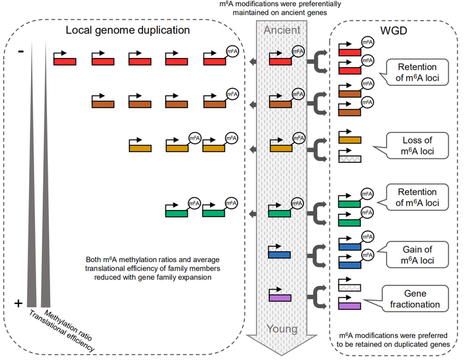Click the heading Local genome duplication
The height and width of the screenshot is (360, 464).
[x=128, y=30]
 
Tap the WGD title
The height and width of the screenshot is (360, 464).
[x=394, y=30]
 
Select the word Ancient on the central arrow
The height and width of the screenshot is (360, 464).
[x=282, y=30]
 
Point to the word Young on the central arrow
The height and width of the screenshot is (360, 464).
[x=282, y=328]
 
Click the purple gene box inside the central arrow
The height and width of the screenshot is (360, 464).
[x=280, y=298]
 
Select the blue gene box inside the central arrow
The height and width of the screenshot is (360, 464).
[x=279, y=254]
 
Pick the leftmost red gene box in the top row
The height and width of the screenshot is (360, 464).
[x=65, y=61]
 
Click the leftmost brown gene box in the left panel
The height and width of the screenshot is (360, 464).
[x=103, y=104]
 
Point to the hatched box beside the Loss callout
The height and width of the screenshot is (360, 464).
[x=350, y=159]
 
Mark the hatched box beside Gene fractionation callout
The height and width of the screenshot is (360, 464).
[x=349, y=287]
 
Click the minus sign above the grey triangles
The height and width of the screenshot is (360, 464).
[x=21, y=52]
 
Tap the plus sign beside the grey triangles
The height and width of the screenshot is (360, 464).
[x=18, y=303]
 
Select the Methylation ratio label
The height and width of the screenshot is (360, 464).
[x=68, y=325]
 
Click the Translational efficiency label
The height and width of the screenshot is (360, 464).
[x=62, y=331]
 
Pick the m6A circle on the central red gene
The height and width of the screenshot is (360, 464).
[x=298, y=52]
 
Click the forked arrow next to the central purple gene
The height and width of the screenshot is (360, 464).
[x=317, y=297]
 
